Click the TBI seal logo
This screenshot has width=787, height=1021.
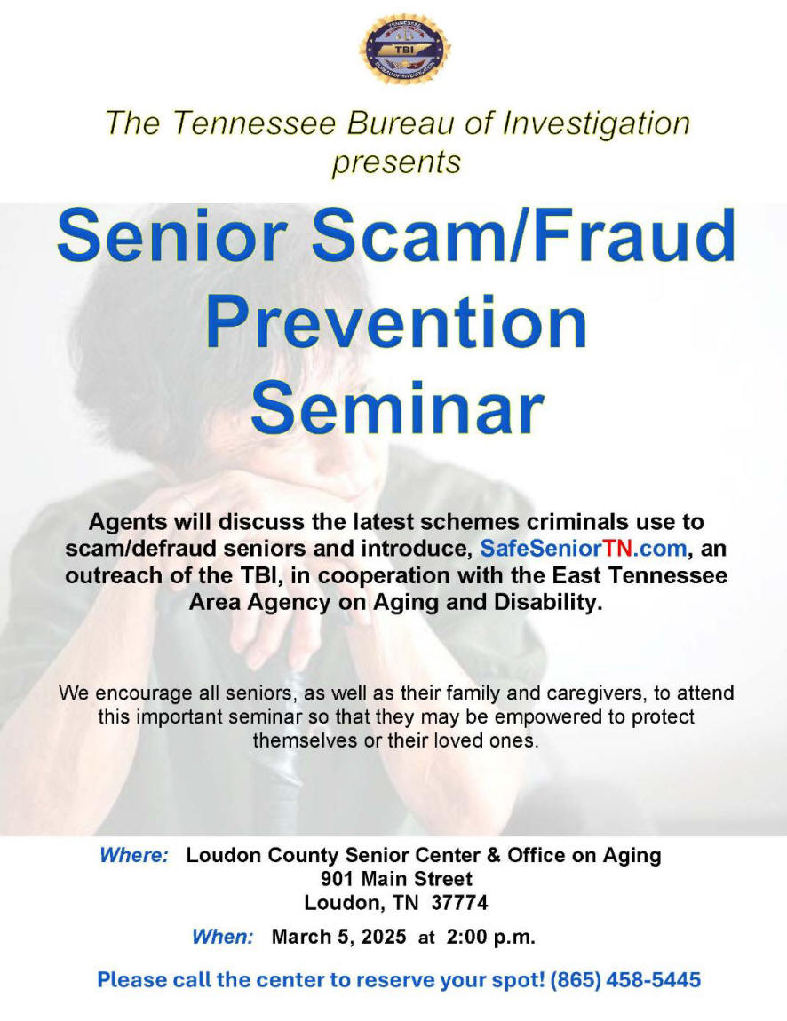[x=405, y=50]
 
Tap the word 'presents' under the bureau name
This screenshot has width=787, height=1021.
[x=396, y=162]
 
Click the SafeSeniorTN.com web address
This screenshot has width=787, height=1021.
[x=583, y=549]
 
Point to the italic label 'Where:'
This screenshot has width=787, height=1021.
[x=134, y=855]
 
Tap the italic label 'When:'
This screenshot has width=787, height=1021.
[x=222, y=937]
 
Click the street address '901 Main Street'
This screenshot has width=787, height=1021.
[x=396, y=879]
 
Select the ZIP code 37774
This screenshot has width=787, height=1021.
[x=459, y=903]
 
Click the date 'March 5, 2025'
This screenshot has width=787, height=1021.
[x=338, y=937]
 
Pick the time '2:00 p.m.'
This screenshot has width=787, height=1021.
[x=490, y=937]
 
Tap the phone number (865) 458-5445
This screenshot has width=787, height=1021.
[x=625, y=979]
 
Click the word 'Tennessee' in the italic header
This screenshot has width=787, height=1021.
[x=254, y=123]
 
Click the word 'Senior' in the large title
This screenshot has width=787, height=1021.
[x=172, y=235]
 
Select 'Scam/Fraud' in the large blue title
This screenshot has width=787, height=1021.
[x=523, y=235]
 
